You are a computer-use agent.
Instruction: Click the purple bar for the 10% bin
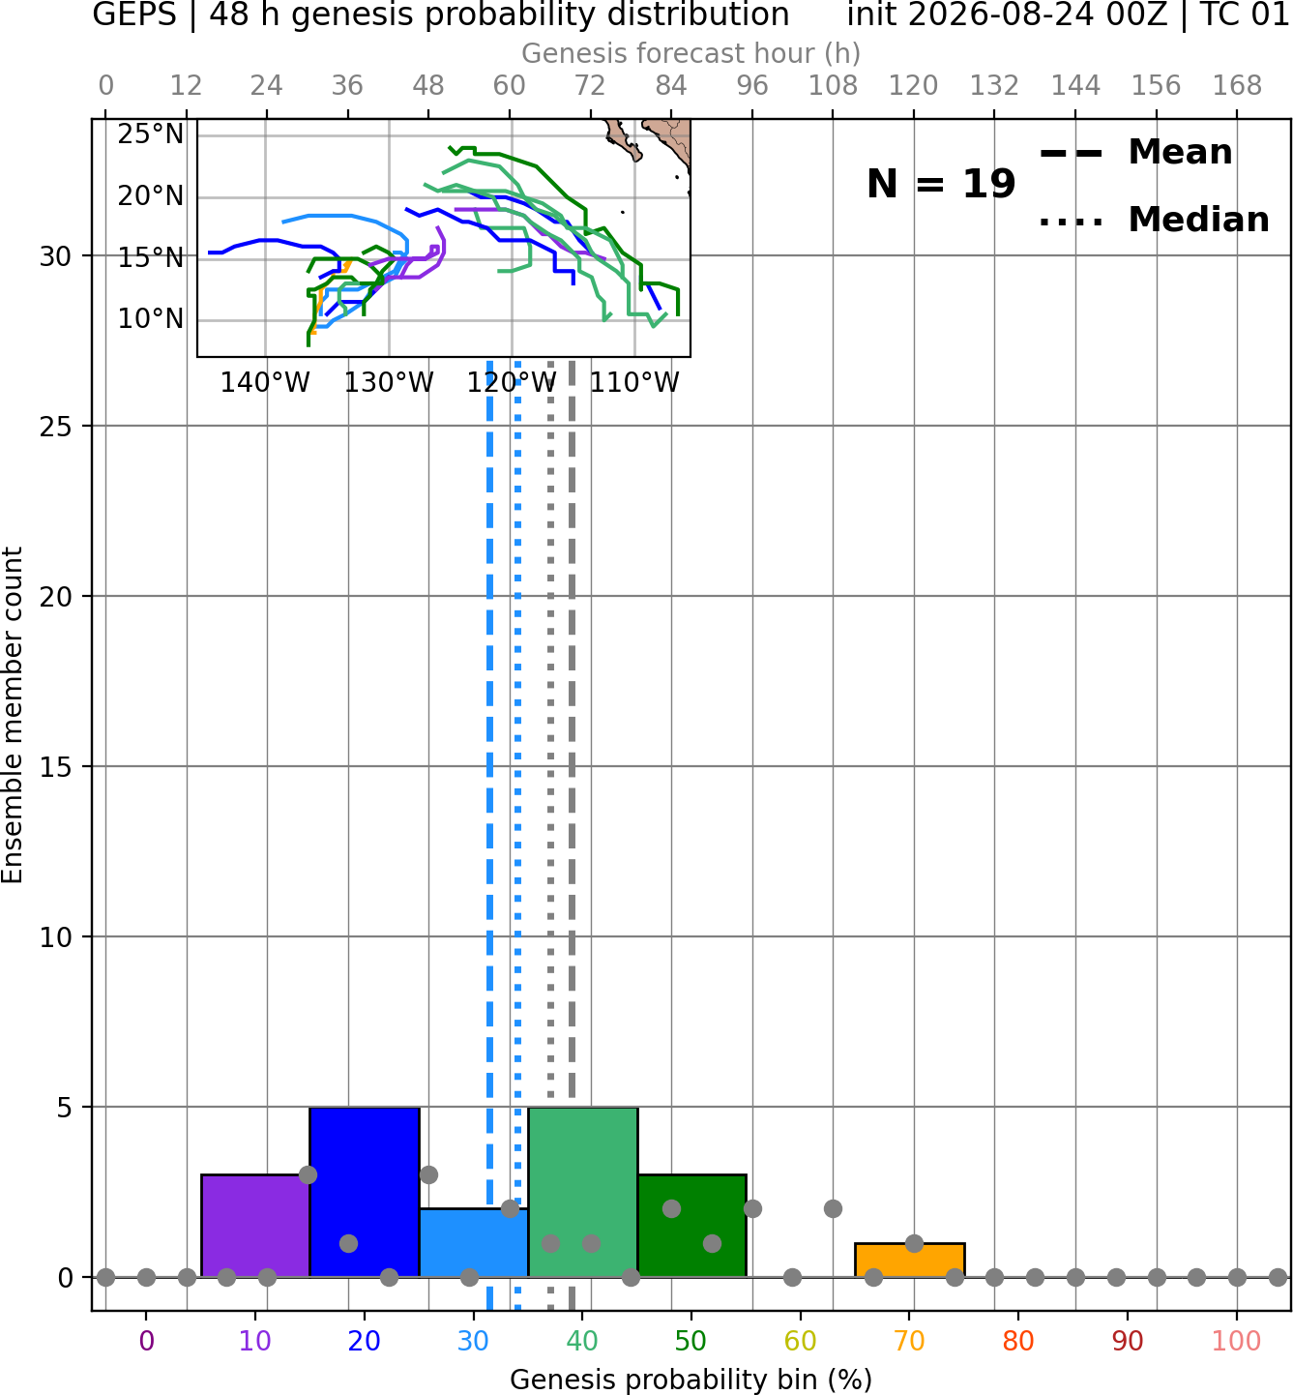(x=255, y=1226)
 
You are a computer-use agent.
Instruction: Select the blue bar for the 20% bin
(x=365, y=1192)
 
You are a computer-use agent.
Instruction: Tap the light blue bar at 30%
(x=473, y=1242)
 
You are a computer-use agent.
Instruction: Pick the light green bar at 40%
(x=583, y=1192)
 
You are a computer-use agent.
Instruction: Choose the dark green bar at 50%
(x=691, y=1226)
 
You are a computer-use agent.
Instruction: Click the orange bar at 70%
(x=909, y=1261)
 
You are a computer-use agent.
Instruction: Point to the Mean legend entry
(x=1135, y=153)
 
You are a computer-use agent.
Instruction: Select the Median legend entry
(x=1154, y=220)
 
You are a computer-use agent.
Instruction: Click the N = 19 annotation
(x=940, y=184)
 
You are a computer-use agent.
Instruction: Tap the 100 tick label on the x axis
(x=1237, y=1342)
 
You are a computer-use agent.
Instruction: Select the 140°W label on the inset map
(x=265, y=383)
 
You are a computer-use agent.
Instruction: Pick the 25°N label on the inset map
(x=150, y=134)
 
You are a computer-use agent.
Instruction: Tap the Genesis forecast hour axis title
(x=691, y=53)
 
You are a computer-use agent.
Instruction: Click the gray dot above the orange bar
(x=914, y=1243)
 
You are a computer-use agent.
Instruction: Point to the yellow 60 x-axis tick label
(x=801, y=1342)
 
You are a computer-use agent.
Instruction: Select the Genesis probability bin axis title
(x=691, y=1380)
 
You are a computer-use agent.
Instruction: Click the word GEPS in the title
(x=134, y=15)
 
